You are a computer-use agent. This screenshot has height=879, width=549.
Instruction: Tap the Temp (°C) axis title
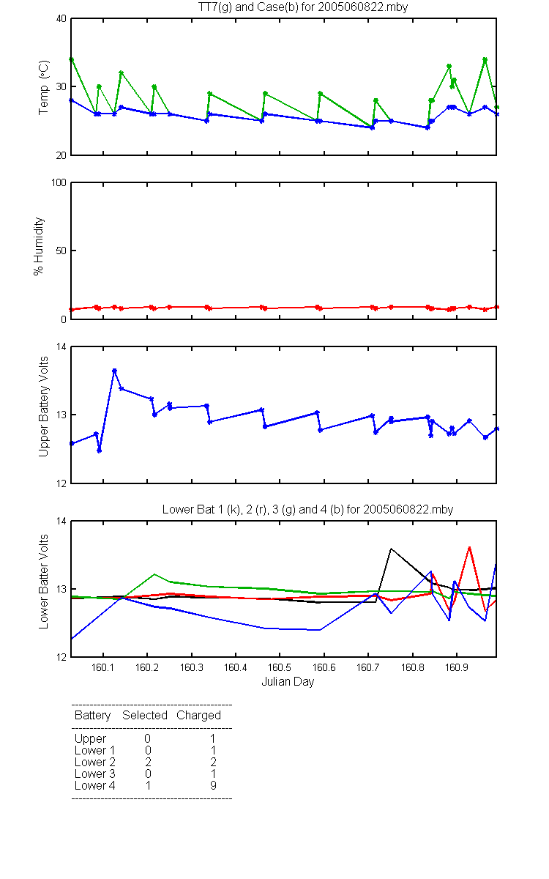point(43,87)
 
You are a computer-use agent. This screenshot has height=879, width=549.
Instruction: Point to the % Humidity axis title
point(38,246)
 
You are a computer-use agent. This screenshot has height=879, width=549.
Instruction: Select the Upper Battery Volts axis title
point(43,407)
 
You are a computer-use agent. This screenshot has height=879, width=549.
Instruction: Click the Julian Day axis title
point(288,682)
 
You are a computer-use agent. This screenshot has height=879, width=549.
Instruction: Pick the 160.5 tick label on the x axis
point(279,667)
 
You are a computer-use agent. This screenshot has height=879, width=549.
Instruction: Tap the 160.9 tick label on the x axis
point(457,667)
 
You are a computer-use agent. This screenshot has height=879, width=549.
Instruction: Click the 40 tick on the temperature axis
point(61,18)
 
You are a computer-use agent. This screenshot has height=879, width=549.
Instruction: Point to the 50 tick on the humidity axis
point(61,251)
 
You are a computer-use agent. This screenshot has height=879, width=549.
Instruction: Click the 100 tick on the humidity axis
point(59,182)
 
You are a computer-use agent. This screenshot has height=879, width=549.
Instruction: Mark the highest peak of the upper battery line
point(114,371)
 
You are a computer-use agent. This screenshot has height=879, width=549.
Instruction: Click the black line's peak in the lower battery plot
point(391,549)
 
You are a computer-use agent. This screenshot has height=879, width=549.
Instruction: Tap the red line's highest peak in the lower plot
point(469,546)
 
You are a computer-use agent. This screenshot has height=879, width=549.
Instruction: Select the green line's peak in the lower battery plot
point(154,574)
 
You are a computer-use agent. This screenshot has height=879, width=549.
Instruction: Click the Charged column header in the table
point(198,716)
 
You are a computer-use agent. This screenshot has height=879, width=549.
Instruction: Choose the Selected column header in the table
point(145,715)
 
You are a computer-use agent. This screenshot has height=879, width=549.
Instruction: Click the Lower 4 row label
point(95,785)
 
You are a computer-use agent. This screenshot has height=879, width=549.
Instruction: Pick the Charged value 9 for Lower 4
point(213,785)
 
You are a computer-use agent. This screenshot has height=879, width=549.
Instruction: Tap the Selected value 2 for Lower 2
point(148,762)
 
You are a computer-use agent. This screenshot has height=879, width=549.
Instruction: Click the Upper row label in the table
point(90,739)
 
